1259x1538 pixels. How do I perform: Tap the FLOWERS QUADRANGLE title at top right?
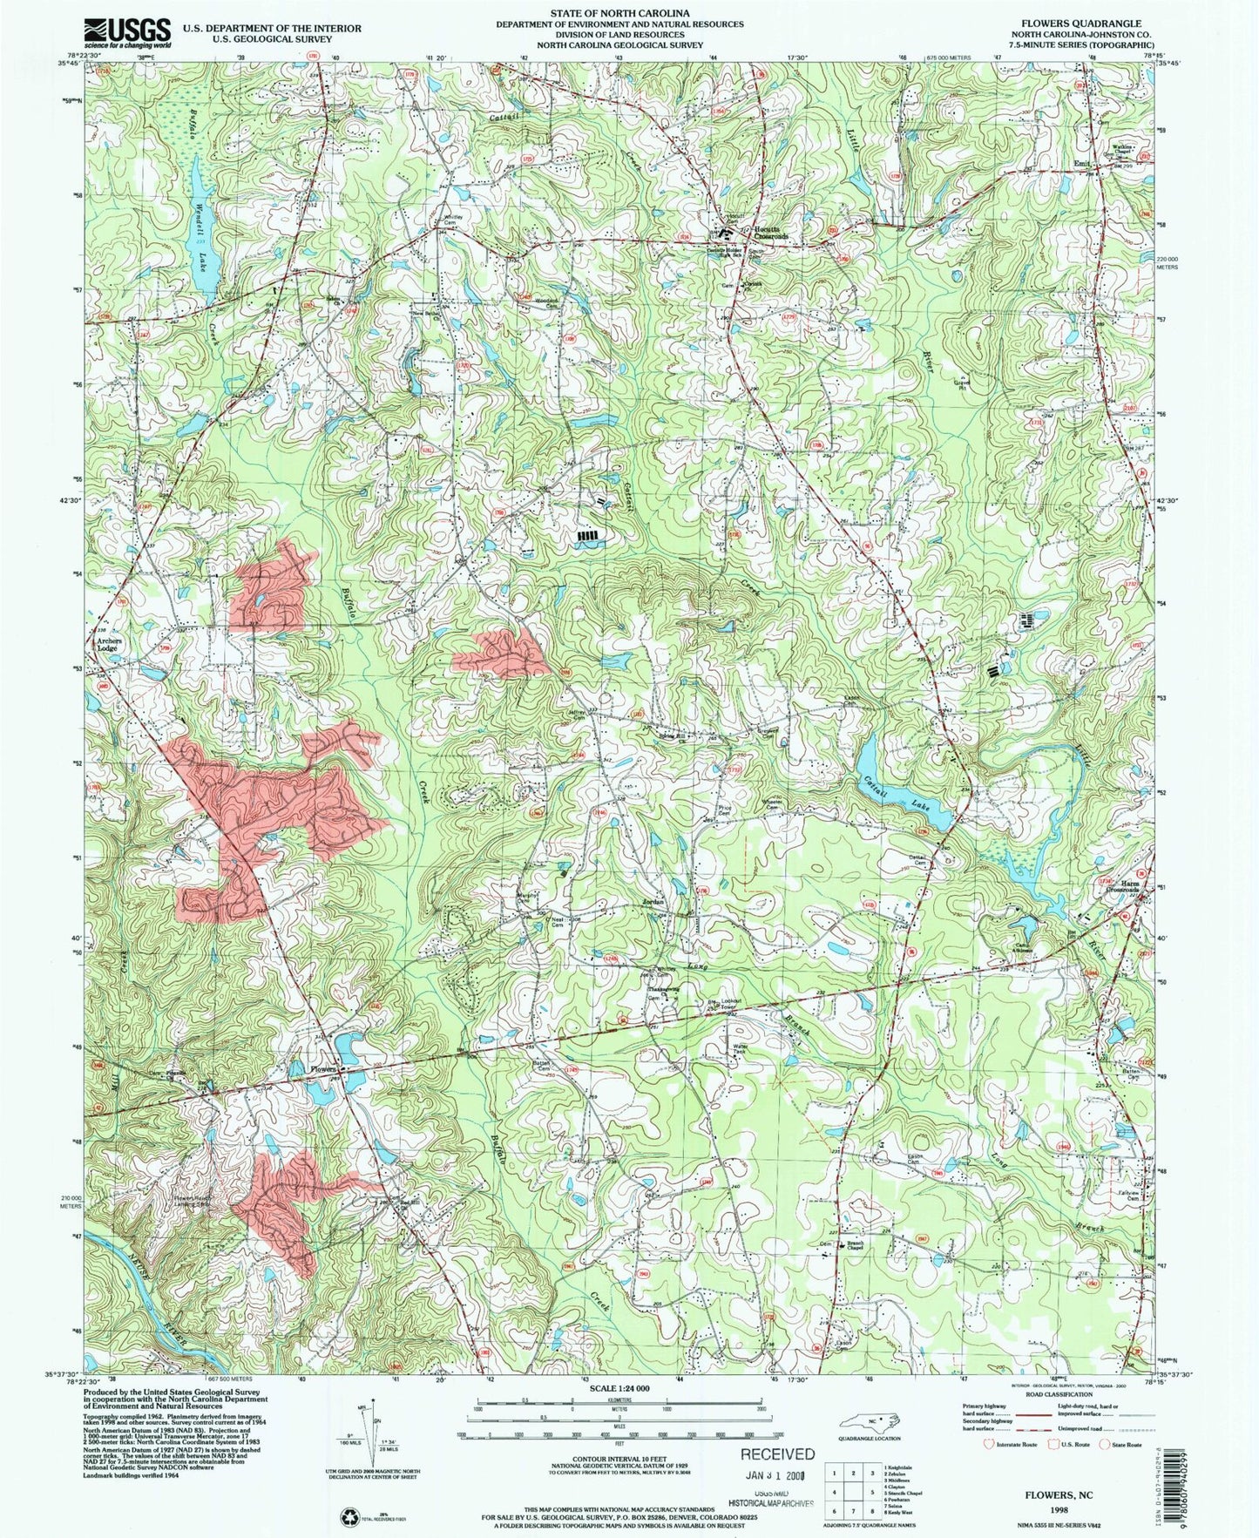[1090, 24]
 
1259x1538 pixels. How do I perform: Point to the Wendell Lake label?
[200, 234]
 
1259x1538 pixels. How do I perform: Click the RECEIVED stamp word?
[777, 1453]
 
